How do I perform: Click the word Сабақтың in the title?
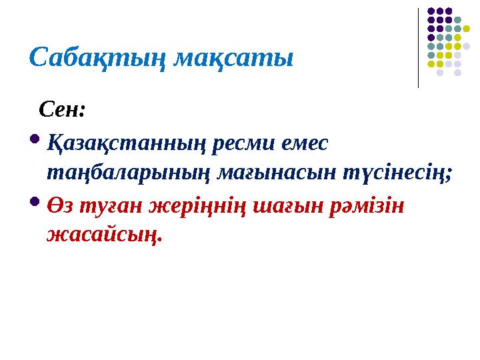click(x=97, y=57)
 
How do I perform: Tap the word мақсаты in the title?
click(x=233, y=57)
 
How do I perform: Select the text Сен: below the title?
click(x=63, y=108)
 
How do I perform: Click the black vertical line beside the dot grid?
click(x=418, y=47)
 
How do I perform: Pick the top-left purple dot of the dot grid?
click(x=431, y=11)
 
